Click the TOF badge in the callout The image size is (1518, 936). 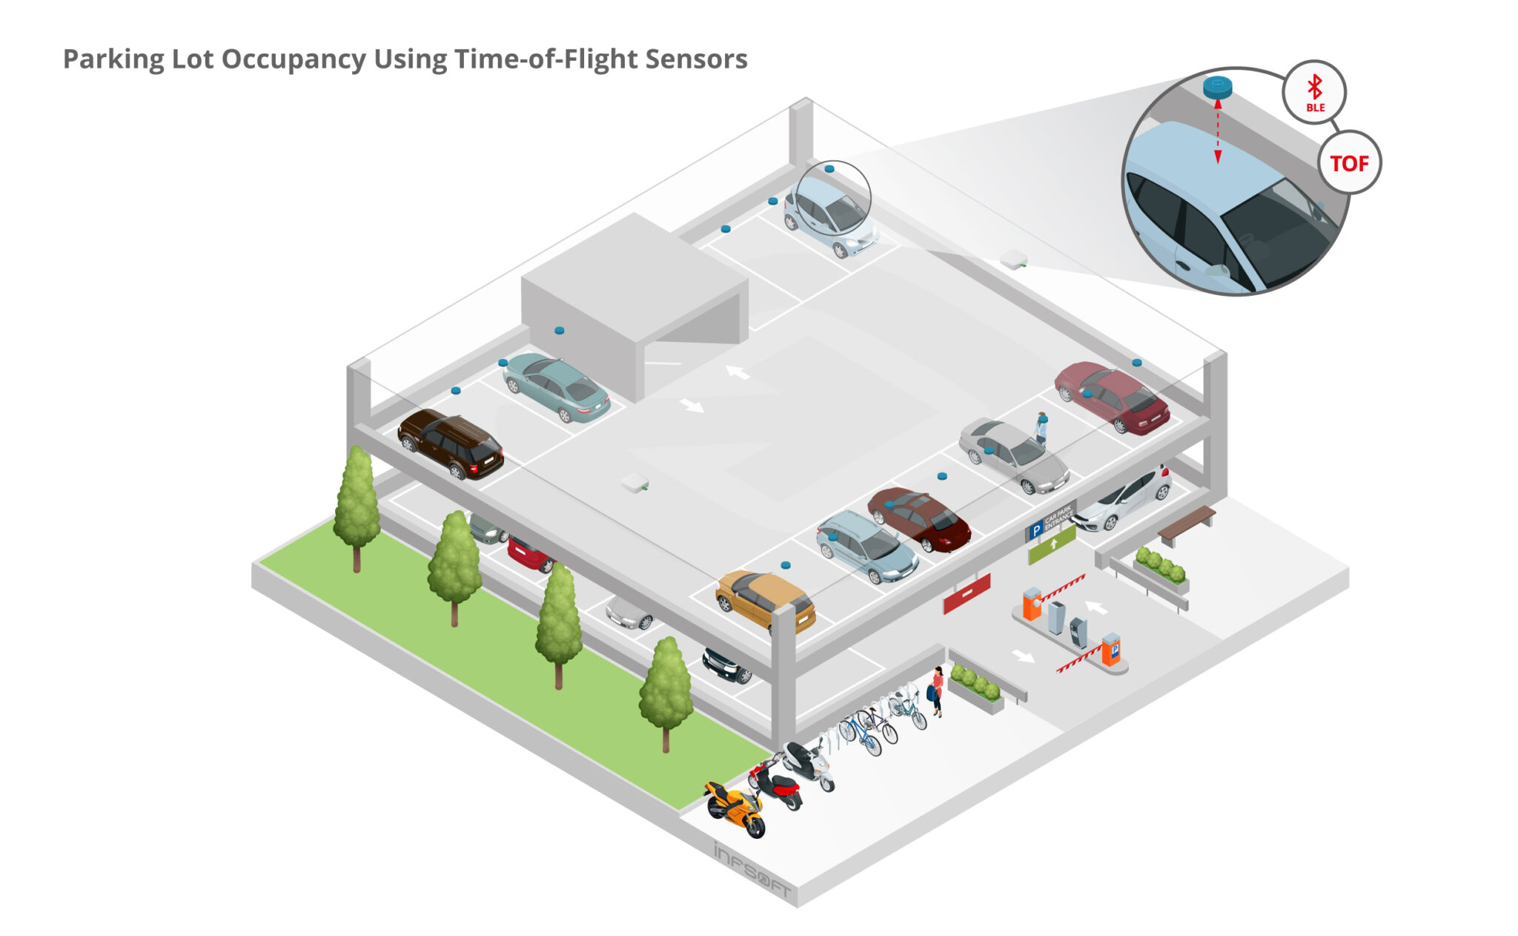pos(1349,163)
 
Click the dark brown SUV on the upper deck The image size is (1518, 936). pos(450,443)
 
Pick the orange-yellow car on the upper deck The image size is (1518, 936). pos(765,599)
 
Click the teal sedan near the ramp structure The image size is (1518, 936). pos(556,386)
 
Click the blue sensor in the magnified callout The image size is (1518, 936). pos(1217,87)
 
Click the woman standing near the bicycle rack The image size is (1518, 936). pos(937,690)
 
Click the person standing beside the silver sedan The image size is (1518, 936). pos(1041,428)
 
